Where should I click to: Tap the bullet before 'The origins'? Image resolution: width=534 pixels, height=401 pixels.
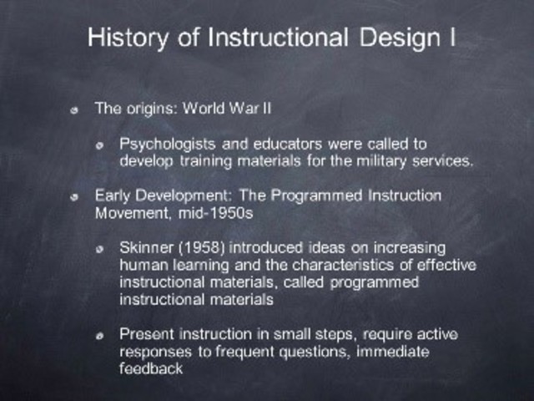point(77,109)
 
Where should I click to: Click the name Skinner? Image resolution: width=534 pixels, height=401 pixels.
point(145,248)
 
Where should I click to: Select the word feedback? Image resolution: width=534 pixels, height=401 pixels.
point(151,368)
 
